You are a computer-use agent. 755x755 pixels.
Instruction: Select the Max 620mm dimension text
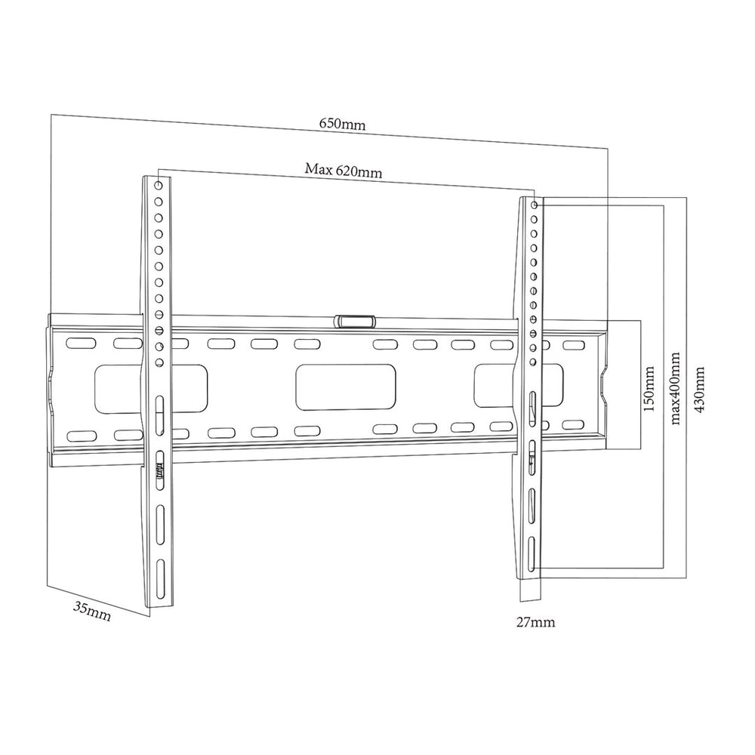point(344,170)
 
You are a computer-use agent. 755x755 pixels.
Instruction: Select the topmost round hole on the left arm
point(157,185)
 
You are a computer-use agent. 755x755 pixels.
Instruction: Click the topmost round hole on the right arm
point(535,205)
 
